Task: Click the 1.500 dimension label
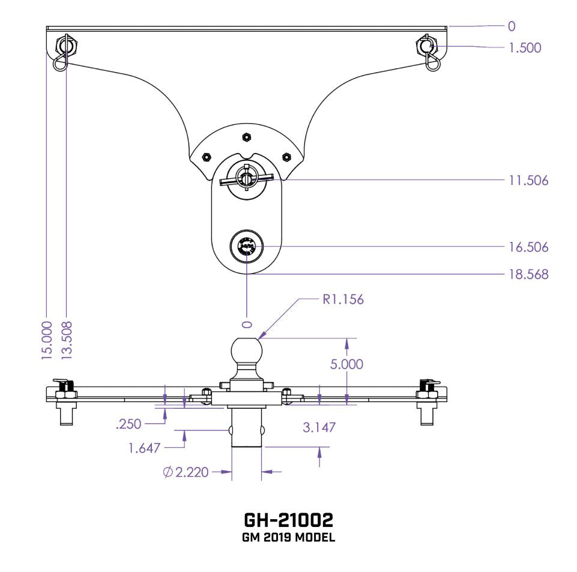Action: pos(525,48)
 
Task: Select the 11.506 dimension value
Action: pos(528,180)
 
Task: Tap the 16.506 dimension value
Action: pos(528,247)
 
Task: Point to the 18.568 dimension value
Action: pos(528,275)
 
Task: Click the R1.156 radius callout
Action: pos(343,300)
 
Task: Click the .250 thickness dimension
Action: pos(128,424)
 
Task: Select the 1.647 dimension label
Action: pos(144,448)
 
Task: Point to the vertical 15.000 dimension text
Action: pos(47,341)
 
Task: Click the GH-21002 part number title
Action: pos(288,519)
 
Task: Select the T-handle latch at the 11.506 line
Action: pos(246,178)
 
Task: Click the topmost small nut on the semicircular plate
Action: pos(245,137)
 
